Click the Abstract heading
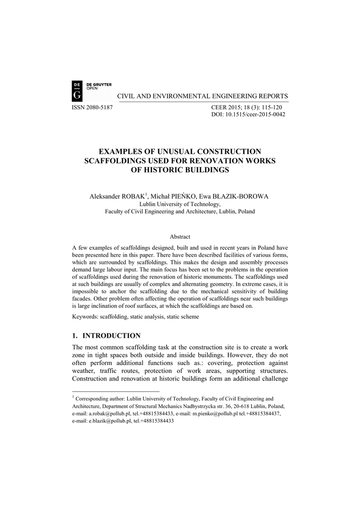pos(180,237)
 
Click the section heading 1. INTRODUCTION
pos(106,336)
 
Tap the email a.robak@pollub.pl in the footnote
pos(109,413)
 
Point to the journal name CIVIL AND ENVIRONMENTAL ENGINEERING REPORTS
pos(202,96)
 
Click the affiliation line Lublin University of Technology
pos(180,204)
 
